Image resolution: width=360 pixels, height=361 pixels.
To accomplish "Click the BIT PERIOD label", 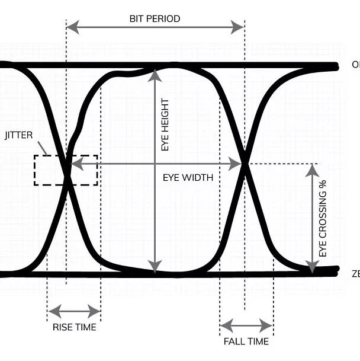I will coord(155,18).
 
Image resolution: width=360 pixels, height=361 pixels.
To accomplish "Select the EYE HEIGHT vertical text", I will coord(165,124).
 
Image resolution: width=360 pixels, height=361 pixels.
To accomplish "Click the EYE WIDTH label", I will coord(188,177).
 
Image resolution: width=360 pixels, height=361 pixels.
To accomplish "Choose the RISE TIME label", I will coord(74,327).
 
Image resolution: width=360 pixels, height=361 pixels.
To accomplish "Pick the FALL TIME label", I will coord(246,341).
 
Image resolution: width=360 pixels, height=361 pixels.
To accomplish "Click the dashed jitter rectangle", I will coord(66,170).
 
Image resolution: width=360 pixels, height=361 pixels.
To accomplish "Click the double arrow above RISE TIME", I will coord(74,311).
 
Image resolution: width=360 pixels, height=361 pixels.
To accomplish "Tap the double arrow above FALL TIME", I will coord(246,325).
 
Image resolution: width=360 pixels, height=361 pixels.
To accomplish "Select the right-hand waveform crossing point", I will coord(244,164).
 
